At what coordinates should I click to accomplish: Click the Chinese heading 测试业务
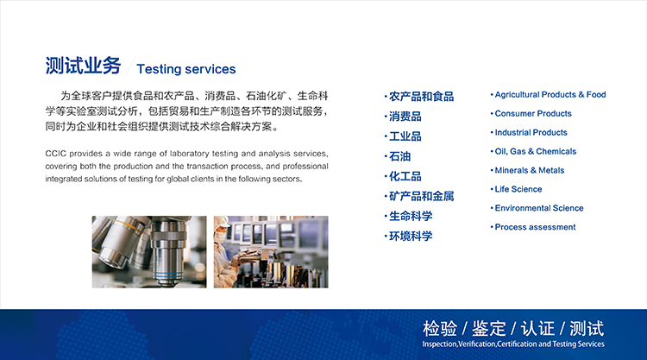[x=83, y=66]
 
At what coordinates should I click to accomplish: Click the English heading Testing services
[x=186, y=69]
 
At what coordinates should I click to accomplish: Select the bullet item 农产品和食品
[x=421, y=97]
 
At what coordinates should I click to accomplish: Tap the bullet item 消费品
[x=405, y=117]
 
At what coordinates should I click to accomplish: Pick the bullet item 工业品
[x=405, y=136]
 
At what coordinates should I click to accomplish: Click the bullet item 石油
[x=399, y=156]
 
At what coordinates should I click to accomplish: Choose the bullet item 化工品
[x=405, y=176]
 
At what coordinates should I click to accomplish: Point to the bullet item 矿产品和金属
[x=421, y=196]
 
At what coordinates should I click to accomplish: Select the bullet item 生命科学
[x=411, y=216]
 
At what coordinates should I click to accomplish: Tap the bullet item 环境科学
[x=411, y=237]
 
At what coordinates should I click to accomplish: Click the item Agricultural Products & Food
[x=550, y=95]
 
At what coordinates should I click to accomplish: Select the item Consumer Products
[x=533, y=114]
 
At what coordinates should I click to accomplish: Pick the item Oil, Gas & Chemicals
[x=536, y=152]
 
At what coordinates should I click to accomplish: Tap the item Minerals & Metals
[x=530, y=170]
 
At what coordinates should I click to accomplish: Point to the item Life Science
[x=518, y=189]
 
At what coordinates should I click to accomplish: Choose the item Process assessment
[x=535, y=227]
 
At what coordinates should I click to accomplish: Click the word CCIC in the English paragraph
[x=56, y=154]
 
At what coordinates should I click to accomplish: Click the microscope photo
[x=149, y=252]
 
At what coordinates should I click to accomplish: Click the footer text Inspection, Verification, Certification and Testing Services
[x=513, y=344]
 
